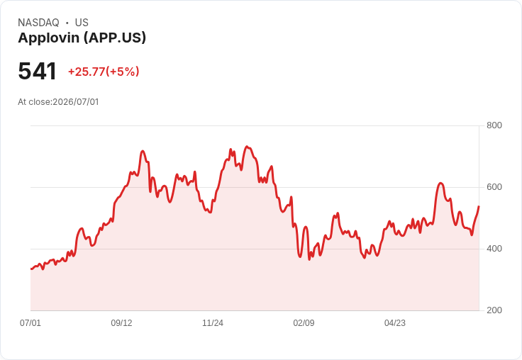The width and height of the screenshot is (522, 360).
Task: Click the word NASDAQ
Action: click(38, 23)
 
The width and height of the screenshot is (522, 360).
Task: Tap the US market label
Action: click(82, 23)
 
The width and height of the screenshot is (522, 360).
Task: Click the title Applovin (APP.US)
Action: click(82, 38)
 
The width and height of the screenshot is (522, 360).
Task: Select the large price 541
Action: click(38, 71)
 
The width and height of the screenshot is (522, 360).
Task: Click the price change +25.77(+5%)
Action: click(104, 72)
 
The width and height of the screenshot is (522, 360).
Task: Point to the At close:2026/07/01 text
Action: click(58, 102)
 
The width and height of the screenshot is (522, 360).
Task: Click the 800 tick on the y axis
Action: click(494, 125)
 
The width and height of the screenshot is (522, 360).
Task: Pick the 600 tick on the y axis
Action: click(494, 187)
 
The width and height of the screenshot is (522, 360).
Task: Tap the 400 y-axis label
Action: click(494, 249)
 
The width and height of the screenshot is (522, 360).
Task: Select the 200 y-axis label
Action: click(494, 310)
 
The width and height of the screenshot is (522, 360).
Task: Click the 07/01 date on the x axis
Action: click(30, 322)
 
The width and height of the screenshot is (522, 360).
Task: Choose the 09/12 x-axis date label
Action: click(121, 322)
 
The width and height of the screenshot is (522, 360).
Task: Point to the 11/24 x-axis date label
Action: click(213, 322)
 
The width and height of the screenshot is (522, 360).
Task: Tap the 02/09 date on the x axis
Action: click(304, 322)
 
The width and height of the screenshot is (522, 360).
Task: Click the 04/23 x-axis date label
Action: click(395, 322)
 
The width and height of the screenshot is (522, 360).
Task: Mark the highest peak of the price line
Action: click(246, 147)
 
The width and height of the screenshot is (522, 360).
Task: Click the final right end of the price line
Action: click(479, 207)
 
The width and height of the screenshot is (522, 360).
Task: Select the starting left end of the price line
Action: click(31, 269)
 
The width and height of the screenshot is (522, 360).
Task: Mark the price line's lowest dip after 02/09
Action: click(309, 259)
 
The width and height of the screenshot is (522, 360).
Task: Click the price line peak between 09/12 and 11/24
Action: click(143, 151)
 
